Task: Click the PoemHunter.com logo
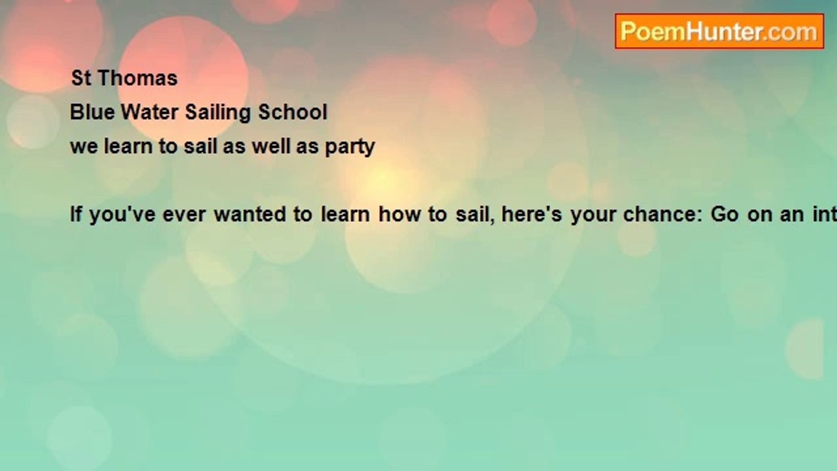[x=719, y=31]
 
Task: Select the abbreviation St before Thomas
[x=80, y=78]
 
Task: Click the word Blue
[x=88, y=113]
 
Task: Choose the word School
[x=292, y=113]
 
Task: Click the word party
[x=350, y=147]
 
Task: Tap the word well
[x=271, y=146]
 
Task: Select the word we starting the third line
[x=84, y=147]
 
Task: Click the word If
[x=76, y=215]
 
